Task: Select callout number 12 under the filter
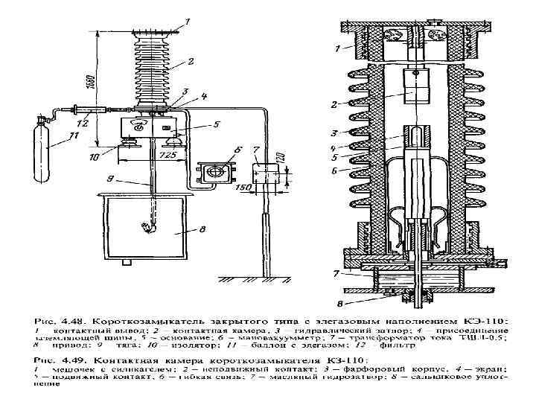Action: click(x=82, y=120)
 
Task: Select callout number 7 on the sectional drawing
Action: click(x=337, y=274)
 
